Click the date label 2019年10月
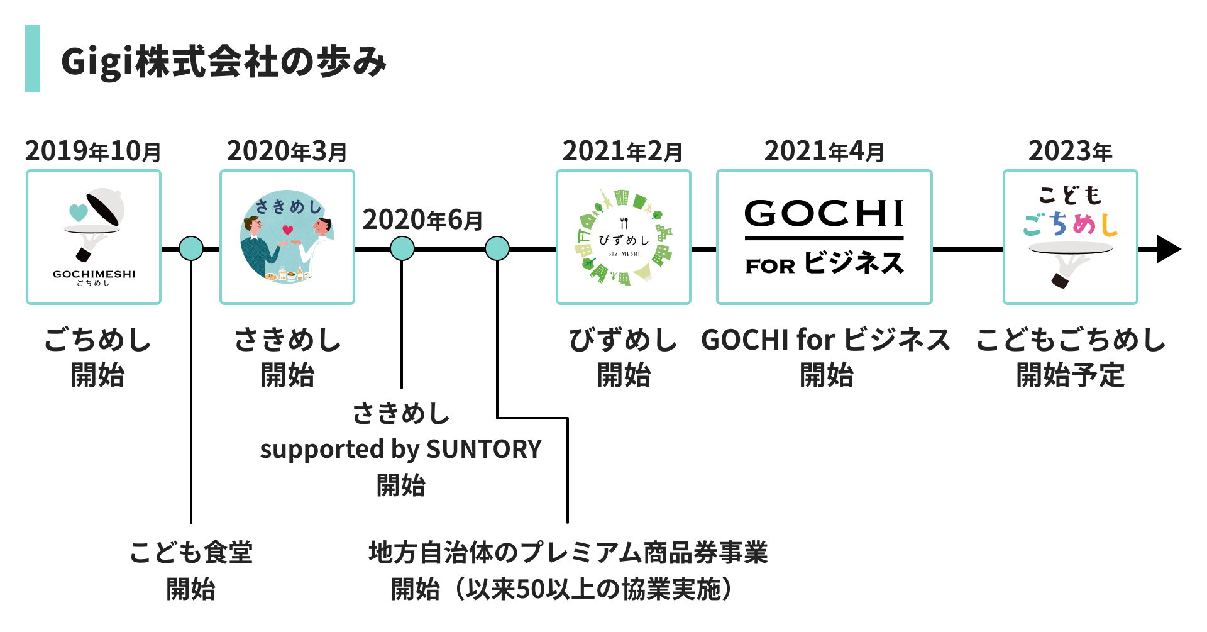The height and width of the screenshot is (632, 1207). coord(93,151)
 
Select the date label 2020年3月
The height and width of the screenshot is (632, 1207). coord(287,151)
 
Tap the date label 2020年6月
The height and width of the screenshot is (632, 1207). coord(422,219)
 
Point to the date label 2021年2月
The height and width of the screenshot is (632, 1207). coord(622,151)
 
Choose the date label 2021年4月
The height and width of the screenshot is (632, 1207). coord(824,151)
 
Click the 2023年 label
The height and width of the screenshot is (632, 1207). coord(1070,151)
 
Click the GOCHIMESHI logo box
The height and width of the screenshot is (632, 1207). coord(94,237)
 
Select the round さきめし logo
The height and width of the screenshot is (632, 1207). coord(287,237)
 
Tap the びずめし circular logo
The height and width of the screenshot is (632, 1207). coord(624,237)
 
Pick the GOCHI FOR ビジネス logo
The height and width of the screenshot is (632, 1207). coord(824,237)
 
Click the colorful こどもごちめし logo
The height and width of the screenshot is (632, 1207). coord(1071,237)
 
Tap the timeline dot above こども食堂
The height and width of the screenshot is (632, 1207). coord(191,248)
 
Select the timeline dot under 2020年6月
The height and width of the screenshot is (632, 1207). coord(402,248)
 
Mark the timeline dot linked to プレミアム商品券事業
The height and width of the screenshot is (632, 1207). coord(497,248)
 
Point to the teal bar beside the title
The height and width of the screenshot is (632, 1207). coord(33,58)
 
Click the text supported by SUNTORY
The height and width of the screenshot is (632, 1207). coord(400,449)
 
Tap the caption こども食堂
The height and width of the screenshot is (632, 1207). coord(191,553)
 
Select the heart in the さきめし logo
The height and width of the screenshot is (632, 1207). coord(288,230)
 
